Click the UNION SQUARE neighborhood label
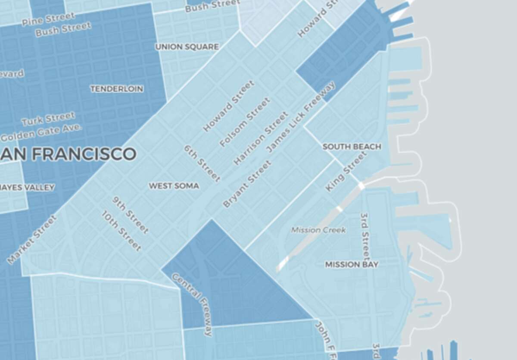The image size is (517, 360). (x=187, y=47)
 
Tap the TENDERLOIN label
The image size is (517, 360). (x=117, y=88)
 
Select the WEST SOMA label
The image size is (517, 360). (x=174, y=186)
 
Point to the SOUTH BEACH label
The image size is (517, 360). (x=352, y=147)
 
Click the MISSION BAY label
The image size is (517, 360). (x=352, y=264)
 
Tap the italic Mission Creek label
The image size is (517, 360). (x=318, y=230)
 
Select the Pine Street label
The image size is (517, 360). (x=48, y=19)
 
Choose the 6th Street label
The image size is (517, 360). (x=202, y=163)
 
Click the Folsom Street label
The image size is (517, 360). (x=245, y=122)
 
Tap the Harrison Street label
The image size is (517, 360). (x=261, y=138)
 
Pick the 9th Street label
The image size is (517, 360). (x=131, y=215)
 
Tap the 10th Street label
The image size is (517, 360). (x=121, y=231)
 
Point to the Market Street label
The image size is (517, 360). (x=32, y=239)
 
